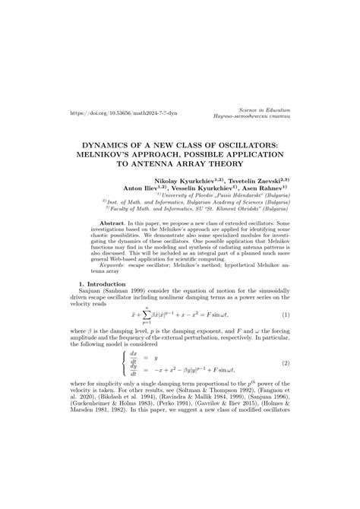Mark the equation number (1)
(x=286, y=315)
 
